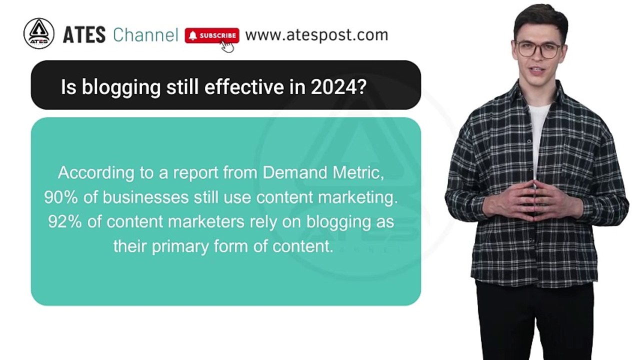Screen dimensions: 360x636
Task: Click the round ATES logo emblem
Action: pos(38,34)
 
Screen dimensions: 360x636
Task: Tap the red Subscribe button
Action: pos(212,35)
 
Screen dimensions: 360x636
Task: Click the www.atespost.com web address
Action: pos(316,35)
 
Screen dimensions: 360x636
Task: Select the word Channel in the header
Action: pos(145,35)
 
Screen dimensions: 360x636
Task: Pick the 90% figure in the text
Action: pos(61,197)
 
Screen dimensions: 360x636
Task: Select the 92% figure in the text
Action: pos(65,222)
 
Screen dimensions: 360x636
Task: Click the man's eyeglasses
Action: pos(539,49)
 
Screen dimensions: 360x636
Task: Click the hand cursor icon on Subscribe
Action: pos(227,46)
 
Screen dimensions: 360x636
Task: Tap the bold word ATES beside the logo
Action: pos(84,35)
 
